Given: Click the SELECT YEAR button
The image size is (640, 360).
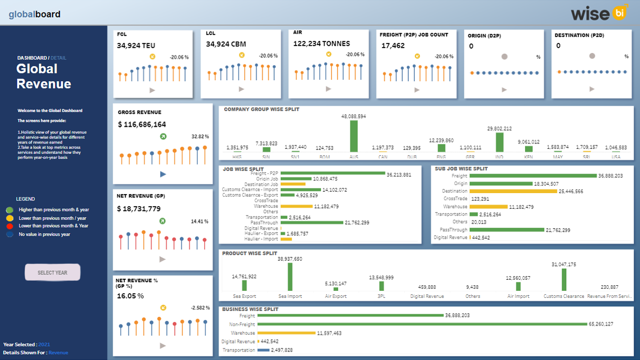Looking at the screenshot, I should tap(53, 273).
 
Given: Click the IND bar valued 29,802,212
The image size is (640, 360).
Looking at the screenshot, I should tap(500, 142).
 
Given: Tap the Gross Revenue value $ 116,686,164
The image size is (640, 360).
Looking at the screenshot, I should tap(141, 124).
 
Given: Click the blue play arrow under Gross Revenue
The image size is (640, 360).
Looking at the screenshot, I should tap(163, 174).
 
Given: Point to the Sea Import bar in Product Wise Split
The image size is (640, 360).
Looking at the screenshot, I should tap(290, 277).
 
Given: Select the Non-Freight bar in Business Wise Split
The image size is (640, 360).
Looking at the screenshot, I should tap(421, 324).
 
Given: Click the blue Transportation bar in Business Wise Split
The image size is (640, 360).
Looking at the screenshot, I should tap(263, 350).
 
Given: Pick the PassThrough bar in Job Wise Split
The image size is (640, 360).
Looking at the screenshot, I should tap(311, 223).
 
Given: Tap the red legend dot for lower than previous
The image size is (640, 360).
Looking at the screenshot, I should tap(10, 226).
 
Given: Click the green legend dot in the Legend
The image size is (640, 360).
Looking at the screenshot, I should tap(10, 210).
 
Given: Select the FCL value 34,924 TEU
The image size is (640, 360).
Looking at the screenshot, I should tap(136, 46).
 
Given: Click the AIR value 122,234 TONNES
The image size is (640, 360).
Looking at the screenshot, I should tap(322, 44).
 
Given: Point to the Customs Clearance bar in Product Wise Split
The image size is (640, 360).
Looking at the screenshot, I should tap(564, 280).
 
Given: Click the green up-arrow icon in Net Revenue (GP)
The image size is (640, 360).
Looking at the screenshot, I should tap(163, 221).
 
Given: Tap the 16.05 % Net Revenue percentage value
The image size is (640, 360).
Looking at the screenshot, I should tap(130, 296).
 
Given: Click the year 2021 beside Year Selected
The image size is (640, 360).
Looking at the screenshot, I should tap(44, 344).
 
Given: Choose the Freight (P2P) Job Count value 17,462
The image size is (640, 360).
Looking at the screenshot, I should tap(393, 46).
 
